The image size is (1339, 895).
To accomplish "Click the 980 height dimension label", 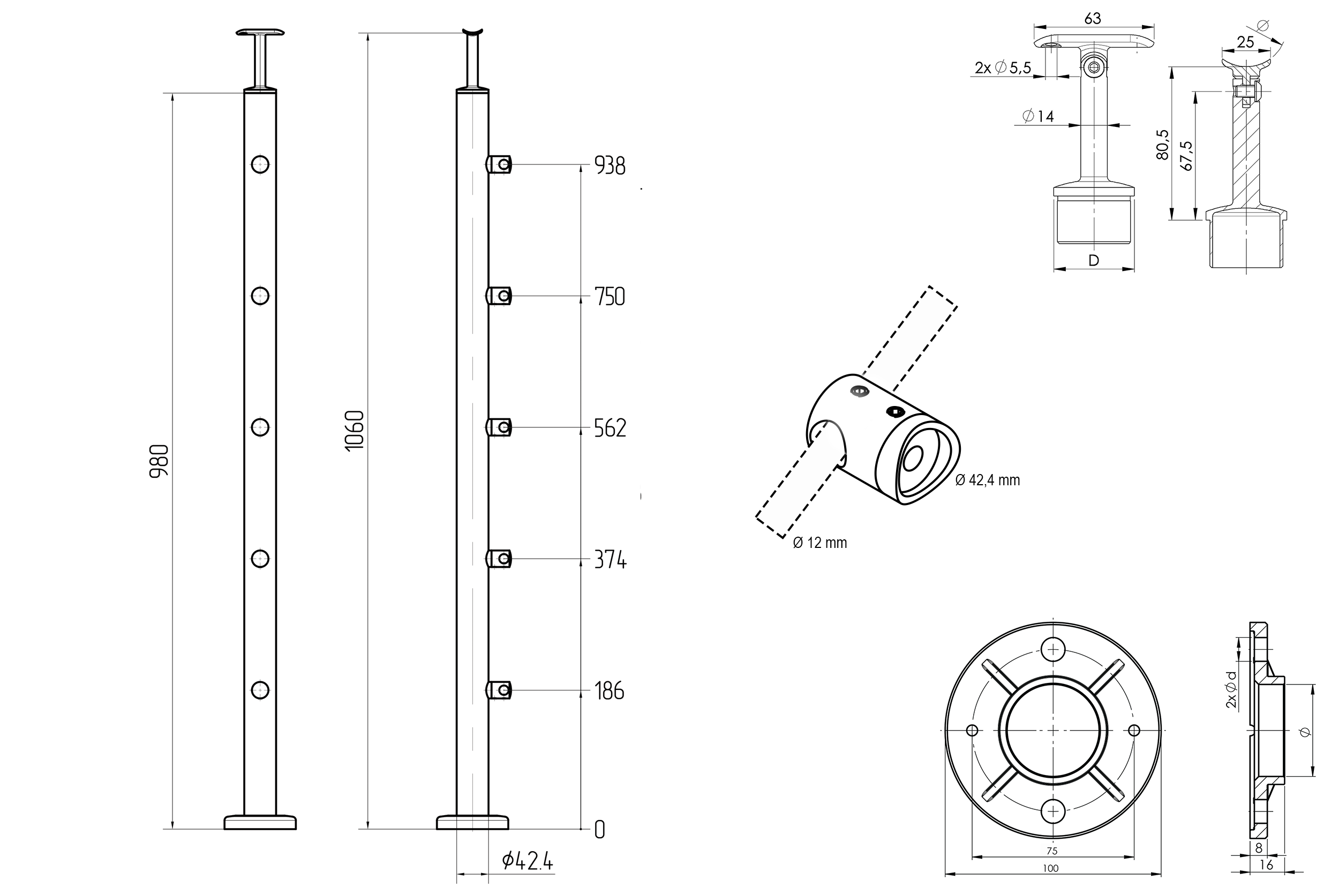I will (x=159, y=461).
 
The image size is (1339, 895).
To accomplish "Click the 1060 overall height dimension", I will (x=355, y=431).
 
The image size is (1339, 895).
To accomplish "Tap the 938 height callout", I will (x=610, y=166).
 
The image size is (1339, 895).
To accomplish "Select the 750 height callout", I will (x=610, y=297).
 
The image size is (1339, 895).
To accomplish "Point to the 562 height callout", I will (x=610, y=428).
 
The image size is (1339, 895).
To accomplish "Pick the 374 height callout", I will (x=610, y=560).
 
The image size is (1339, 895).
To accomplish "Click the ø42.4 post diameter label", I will (x=528, y=861).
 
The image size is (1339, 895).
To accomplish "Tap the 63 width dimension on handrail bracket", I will (x=1092, y=19).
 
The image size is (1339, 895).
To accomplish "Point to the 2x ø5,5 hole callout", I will (x=1003, y=69).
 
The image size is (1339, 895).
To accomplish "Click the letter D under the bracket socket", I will (x=1094, y=261).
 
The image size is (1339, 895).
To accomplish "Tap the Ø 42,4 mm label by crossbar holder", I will (x=988, y=480).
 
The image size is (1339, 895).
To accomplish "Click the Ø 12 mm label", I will (x=819, y=543).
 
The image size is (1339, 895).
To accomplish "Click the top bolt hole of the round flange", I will (x=1053, y=650).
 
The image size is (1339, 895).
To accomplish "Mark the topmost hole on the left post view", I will (x=260, y=164).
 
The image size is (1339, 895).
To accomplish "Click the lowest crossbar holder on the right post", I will (x=499, y=690).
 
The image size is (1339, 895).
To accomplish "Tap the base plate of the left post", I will (x=260, y=823).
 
